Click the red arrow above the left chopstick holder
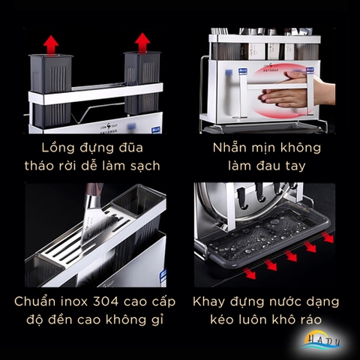pos(51,43)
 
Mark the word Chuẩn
pos(34,302)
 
